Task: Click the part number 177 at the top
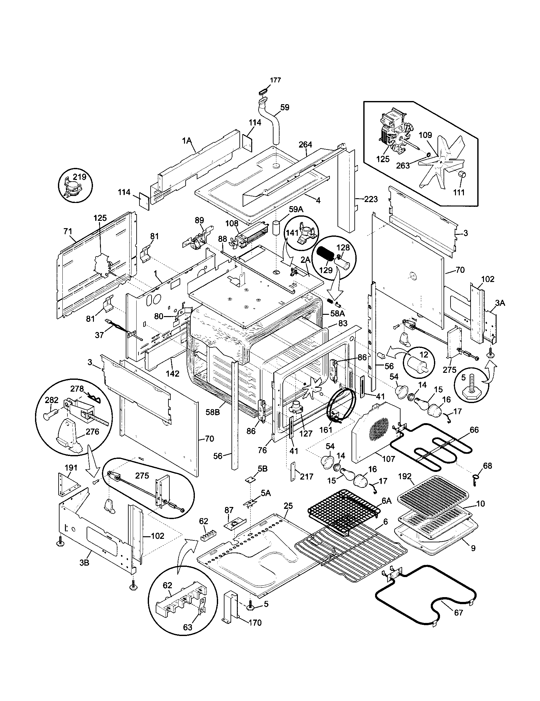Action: (275, 80)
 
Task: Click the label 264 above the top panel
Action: (305, 145)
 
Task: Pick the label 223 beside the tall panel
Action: (371, 199)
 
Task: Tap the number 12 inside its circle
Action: (423, 355)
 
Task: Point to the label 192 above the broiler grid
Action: (405, 476)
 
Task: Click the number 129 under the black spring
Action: (326, 270)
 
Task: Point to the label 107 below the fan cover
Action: (388, 459)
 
